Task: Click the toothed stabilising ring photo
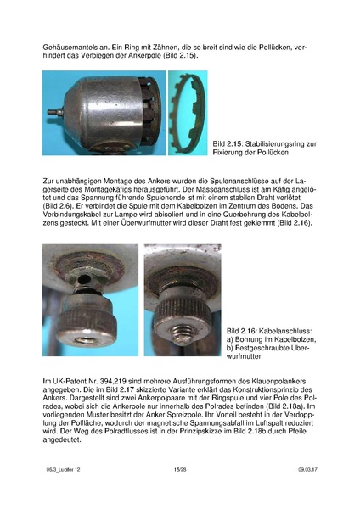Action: pyautogui.click(x=188, y=113)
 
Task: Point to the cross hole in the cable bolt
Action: pyautogui.click(x=85, y=278)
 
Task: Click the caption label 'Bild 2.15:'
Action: pyautogui.click(x=228, y=144)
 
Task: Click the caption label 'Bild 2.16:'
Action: pyautogui.click(x=241, y=331)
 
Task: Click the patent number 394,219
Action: pyautogui.click(x=113, y=381)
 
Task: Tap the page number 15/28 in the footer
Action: pyautogui.click(x=180, y=469)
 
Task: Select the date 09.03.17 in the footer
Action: pyautogui.click(x=307, y=469)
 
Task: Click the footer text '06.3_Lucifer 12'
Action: pyautogui.click(x=63, y=469)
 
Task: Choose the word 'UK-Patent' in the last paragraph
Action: pyautogui.click(x=64, y=381)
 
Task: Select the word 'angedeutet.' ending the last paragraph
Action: pyautogui.click(x=62, y=440)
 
